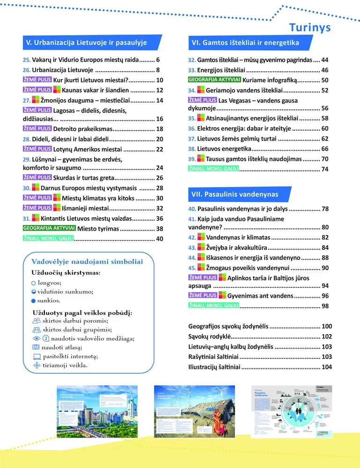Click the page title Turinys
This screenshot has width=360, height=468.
(309, 27)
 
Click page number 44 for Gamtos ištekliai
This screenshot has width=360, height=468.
(325, 60)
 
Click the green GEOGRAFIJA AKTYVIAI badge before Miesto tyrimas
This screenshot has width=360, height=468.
(49, 228)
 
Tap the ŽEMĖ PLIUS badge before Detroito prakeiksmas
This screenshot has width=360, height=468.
(37, 129)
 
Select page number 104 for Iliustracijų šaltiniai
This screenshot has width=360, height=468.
(326, 367)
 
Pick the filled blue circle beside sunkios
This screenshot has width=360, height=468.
(33, 301)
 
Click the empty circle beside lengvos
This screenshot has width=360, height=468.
(33, 283)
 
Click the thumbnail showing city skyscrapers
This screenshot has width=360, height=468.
(97, 412)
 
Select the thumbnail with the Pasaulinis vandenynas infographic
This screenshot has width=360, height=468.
(292, 412)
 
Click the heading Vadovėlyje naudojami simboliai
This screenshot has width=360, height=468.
(87, 262)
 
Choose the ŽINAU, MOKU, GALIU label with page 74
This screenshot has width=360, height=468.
(213, 169)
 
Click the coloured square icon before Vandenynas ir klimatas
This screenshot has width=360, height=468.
(201, 238)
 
